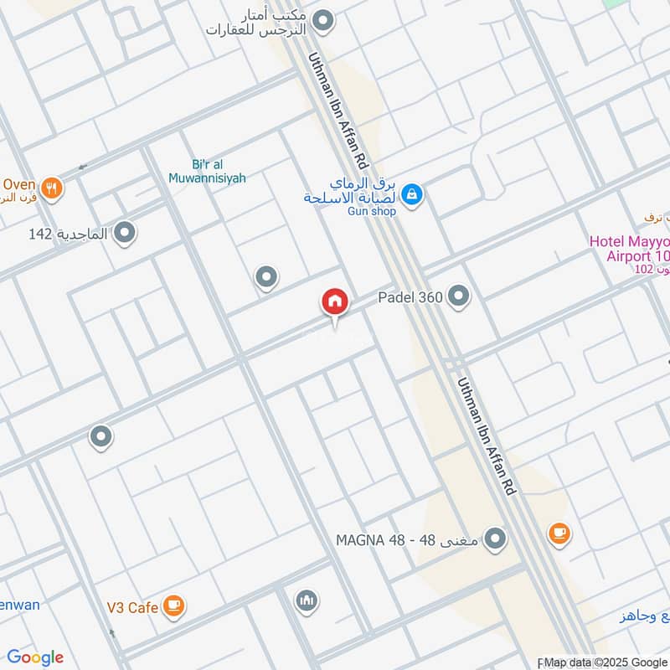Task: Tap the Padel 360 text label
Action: tap(410, 296)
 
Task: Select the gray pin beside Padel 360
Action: tap(458, 295)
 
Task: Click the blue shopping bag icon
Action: tap(411, 195)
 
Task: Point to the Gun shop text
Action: tap(371, 211)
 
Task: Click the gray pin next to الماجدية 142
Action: tap(126, 233)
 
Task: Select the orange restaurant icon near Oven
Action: tap(52, 188)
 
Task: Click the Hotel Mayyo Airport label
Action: tap(629, 248)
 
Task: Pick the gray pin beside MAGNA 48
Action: tap(496, 539)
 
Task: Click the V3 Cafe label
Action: tap(132, 607)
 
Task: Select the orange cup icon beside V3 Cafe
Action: tap(173, 606)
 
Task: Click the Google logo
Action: tap(35, 657)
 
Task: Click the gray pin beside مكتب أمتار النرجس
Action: tap(323, 20)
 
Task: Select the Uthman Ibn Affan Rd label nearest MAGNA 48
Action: tap(487, 441)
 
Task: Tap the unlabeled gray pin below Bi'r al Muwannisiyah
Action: tap(266, 276)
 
